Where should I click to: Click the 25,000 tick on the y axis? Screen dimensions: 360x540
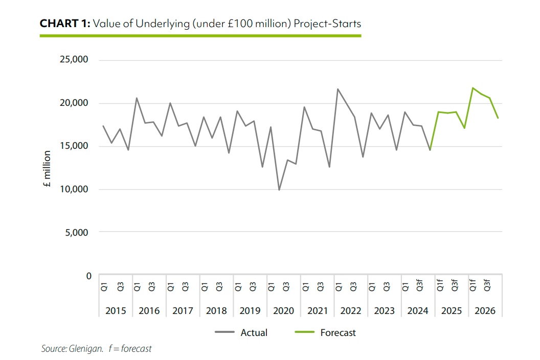[x=75, y=60]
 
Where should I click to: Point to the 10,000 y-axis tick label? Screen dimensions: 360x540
[x=75, y=189]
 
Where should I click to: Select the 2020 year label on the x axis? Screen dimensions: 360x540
[x=283, y=310]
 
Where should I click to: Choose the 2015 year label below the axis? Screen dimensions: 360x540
[x=115, y=310]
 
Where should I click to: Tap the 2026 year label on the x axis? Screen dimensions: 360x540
[x=485, y=310]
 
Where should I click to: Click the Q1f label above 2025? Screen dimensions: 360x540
[x=439, y=285]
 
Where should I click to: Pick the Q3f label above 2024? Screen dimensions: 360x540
[x=419, y=285]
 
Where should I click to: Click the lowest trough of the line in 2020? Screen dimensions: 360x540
[x=279, y=190]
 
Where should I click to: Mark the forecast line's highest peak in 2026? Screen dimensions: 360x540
[x=472, y=88]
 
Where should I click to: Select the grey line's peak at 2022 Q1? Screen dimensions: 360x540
[x=338, y=89]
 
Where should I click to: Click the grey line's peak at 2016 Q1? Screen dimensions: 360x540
[x=137, y=98]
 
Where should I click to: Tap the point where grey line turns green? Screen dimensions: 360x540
[x=430, y=150]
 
